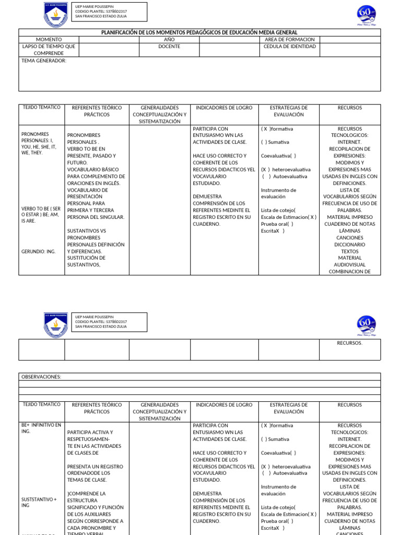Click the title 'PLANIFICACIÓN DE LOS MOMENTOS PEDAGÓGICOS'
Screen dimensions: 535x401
coord(199,32)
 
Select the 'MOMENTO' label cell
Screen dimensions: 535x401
coord(49,40)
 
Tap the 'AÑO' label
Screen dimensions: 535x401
coord(169,40)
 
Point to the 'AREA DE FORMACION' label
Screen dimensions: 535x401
coord(290,40)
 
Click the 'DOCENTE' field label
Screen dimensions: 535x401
coord(169,46)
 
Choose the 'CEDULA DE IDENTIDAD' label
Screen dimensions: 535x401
coord(290,46)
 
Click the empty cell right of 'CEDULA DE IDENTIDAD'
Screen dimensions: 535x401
coord(350,50)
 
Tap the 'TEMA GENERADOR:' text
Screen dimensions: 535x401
coord(44,61)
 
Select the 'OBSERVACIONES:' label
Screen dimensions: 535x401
coord(41,377)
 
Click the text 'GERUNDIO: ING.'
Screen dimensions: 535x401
coord(38,251)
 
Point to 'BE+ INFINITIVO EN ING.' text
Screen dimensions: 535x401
coord(41,428)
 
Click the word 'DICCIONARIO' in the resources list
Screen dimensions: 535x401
coord(349,245)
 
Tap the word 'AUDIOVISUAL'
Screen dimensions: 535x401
coord(349,265)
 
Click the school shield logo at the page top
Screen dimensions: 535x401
coord(55,15)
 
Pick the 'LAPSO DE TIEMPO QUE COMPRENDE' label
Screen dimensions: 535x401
coord(49,50)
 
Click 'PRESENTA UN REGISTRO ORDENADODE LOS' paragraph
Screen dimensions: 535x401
coord(95,473)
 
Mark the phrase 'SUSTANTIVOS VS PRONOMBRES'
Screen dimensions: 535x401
coord(87,234)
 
